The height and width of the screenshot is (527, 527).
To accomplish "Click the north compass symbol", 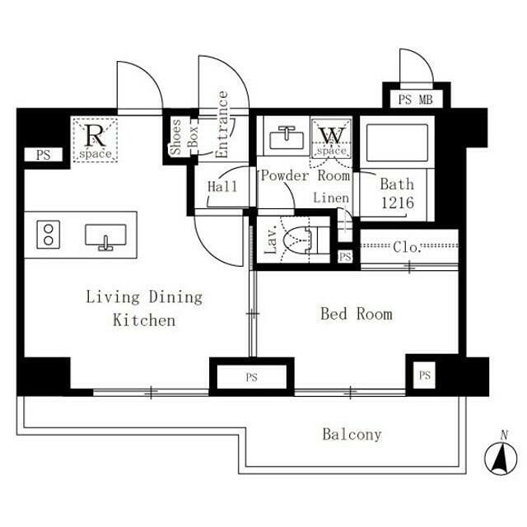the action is [501, 455].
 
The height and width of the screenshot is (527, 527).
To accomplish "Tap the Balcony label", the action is [352, 434].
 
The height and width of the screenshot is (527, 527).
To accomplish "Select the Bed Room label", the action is [357, 314].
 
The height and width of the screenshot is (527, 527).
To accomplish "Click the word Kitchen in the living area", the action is [144, 320].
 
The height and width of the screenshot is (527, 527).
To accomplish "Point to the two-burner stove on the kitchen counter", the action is [49, 235].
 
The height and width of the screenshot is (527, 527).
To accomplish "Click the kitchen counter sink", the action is [105, 236].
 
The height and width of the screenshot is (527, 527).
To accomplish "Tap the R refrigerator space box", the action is [96, 140].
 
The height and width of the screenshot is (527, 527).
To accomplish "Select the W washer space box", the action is [331, 138].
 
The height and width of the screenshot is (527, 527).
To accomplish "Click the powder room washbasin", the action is [287, 138].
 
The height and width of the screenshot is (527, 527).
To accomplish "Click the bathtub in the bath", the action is [397, 142].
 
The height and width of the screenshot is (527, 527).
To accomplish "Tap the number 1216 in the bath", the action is [397, 203].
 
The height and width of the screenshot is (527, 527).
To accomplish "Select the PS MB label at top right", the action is [416, 100].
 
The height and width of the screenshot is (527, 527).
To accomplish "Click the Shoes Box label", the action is [184, 138].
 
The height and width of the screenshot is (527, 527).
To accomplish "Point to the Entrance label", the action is [222, 124].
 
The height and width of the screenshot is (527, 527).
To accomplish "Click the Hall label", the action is [222, 187].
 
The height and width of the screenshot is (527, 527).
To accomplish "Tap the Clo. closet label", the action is [407, 247].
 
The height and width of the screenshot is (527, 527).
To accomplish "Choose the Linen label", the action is [331, 198].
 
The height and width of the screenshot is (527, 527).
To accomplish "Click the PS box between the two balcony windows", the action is [251, 377].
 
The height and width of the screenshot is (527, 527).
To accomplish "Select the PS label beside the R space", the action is [44, 155].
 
